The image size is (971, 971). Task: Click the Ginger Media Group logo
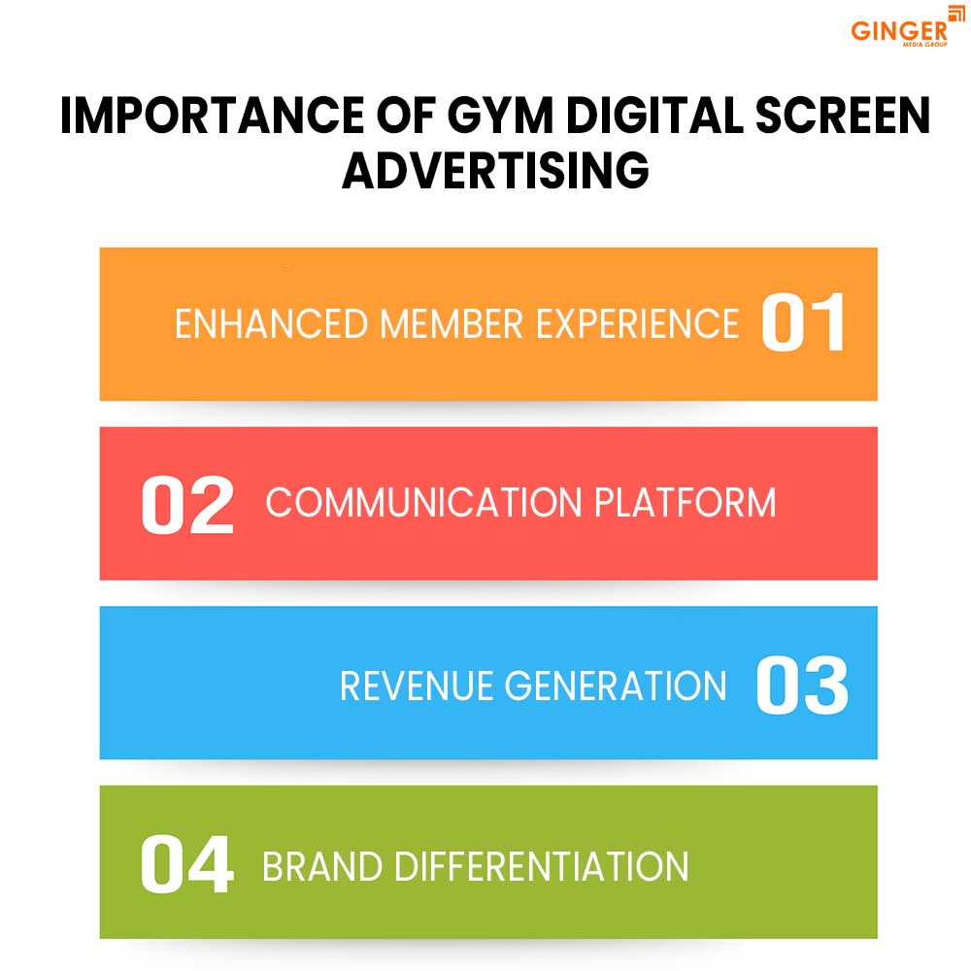pos(907,27)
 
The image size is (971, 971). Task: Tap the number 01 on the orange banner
pos(803,322)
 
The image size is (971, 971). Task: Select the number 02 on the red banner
pos(187,504)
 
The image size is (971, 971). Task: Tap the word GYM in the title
pos(499,116)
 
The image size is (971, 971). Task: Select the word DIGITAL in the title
pos(654,116)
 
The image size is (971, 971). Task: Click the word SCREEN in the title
pos(843,116)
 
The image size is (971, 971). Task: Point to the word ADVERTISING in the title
pos(495,170)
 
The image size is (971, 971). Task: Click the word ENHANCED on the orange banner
pos(271,324)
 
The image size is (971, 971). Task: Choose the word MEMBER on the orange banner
pos(452,324)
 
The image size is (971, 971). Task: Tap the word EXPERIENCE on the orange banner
pos(637,324)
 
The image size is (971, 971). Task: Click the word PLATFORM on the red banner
pos(685,502)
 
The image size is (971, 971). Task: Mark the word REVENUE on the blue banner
pos(417,686)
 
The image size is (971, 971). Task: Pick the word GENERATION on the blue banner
pos(616,686)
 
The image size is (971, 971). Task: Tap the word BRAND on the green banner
pos(322,866)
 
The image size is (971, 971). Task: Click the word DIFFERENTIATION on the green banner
pos(541,866)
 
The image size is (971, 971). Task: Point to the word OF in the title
pos(406,116)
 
